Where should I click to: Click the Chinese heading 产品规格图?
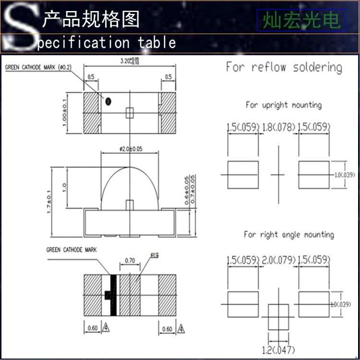(x=91, y=19)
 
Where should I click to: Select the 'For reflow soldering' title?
(x=284, y=67)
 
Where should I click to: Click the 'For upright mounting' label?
(x=284, y=105)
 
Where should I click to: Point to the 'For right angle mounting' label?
(x=288, y=234)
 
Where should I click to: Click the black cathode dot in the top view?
(x=108, y=101)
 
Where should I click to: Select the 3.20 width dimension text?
(x=129, y=61)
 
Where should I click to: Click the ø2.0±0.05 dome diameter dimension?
(x=131, y=149)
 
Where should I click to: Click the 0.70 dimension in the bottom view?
(x=130, y=261)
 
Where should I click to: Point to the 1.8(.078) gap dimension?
(x=279, y=128)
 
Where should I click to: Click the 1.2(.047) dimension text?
(x=278, y=349)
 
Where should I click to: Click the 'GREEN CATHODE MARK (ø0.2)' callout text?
(x=38, y=68)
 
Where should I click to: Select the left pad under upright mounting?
(x=242, y=175)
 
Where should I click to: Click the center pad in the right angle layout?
(x=278, y=316)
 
